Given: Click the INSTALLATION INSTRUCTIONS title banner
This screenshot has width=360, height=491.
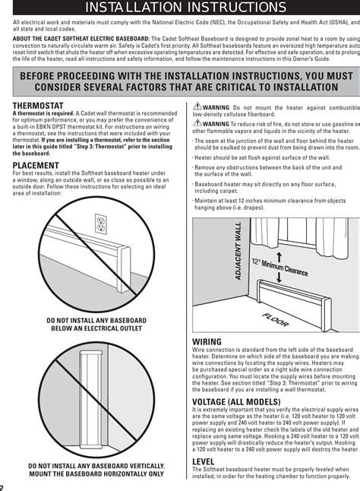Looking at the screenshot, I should pyautogui.click(x=180, y=8).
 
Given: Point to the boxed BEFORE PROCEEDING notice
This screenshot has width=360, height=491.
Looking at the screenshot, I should pyautogui.click(x=180, y=81).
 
